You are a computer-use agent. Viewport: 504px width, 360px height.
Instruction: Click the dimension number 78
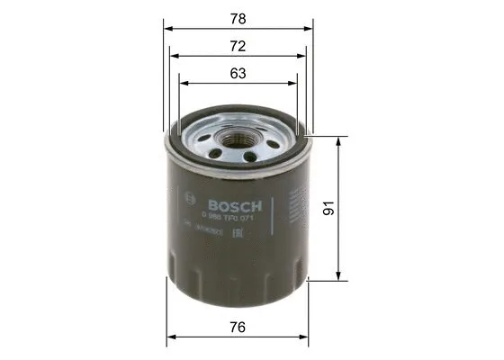[x=237, y=17]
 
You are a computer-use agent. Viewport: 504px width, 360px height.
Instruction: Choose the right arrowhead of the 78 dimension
[x=310, y=27]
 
